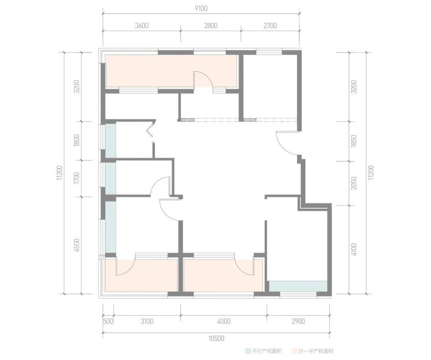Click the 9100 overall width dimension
201,8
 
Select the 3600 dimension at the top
142,26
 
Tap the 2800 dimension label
211,26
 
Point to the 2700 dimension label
270,26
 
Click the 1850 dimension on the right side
354,141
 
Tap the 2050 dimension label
354,183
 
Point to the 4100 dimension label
354,249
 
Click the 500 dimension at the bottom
108,321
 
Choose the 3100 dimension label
147,321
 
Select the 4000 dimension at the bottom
224,321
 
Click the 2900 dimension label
298,321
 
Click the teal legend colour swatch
248,351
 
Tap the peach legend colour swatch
295,351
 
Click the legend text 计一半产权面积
316,351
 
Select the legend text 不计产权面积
267,351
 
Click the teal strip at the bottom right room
298,286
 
